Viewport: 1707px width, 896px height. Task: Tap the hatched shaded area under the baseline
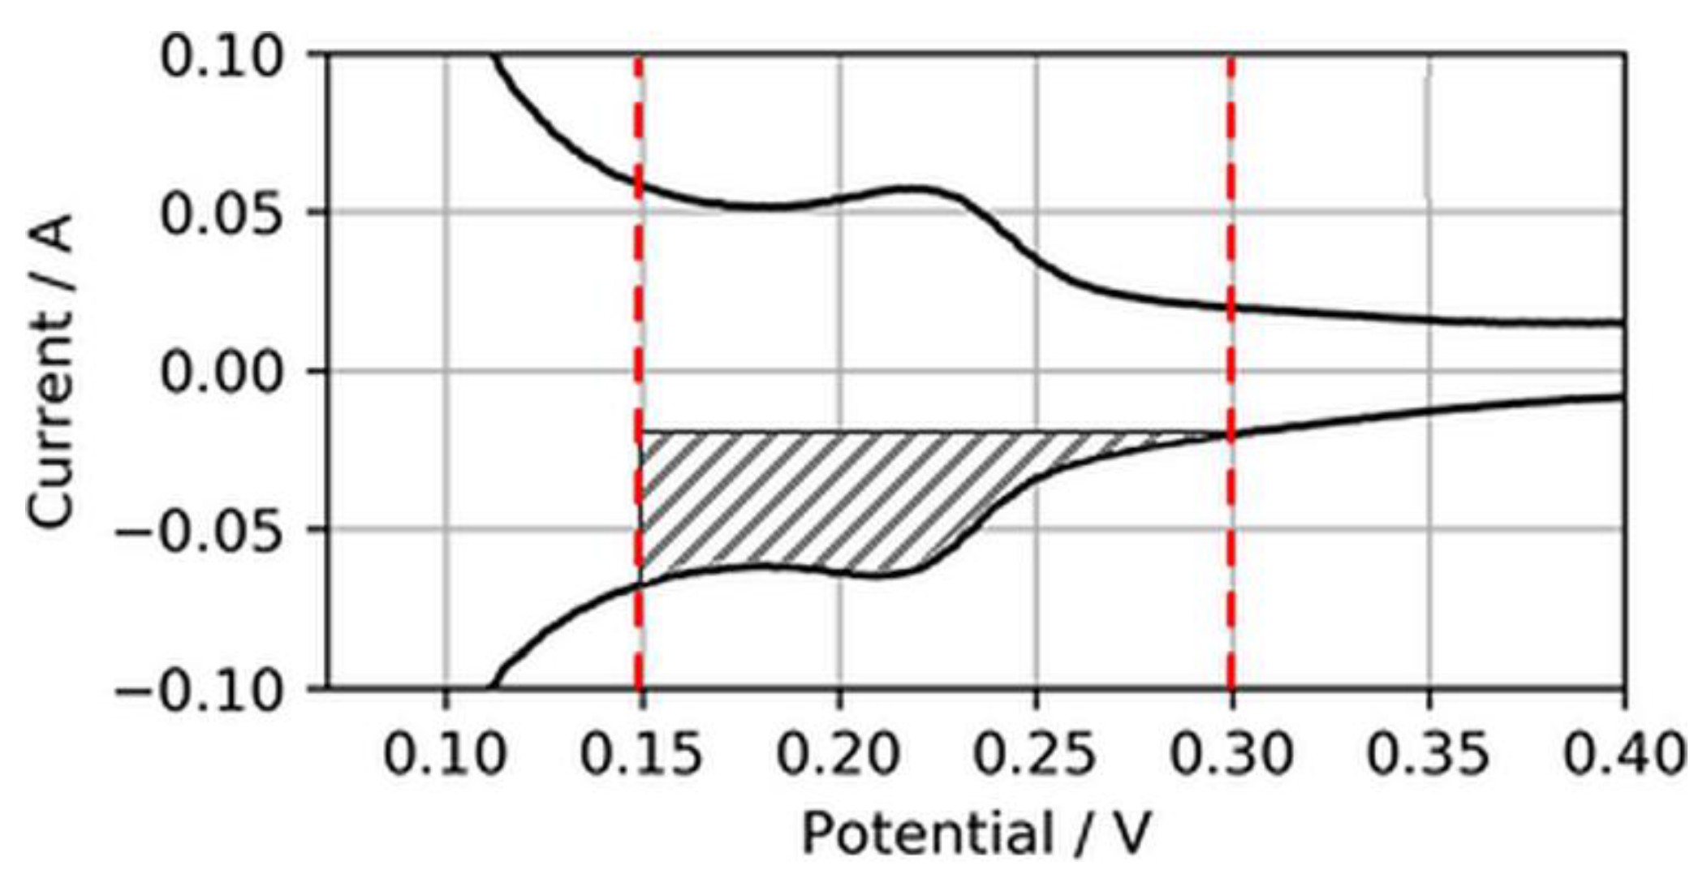click(x=812, y=495)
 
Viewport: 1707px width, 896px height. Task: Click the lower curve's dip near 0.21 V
click(x=881, y=575)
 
